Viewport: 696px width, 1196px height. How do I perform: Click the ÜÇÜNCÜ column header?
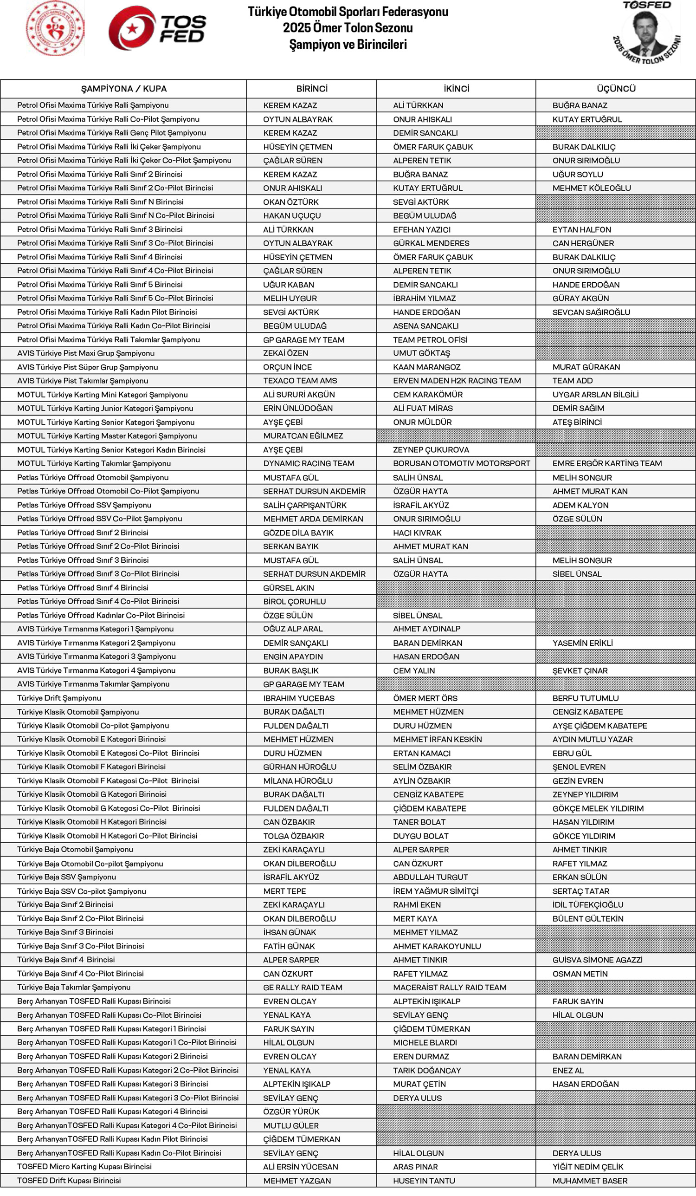(x=616, y=89)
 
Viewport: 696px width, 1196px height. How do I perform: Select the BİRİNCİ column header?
(x=312, y=89)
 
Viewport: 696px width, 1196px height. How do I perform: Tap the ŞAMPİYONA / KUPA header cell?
(x=124, y=89)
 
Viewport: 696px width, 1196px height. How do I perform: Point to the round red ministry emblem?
(x=56, y=28)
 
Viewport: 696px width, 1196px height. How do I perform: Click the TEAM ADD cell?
(x=572, y=381)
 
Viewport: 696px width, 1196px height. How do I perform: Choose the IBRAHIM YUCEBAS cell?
(x=299, y=699)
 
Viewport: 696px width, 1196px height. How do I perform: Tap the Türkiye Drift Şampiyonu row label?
(x=59, y=698)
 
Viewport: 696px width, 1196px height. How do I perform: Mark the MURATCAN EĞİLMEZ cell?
(x=303, y=436)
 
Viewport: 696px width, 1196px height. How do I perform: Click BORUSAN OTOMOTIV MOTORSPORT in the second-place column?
(x=462, y=464)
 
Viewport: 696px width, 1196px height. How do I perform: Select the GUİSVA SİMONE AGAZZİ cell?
(x=597, y=960)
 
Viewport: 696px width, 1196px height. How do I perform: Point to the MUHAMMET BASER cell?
(x=590, y=1181)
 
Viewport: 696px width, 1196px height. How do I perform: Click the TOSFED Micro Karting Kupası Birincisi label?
(x=84, y=1167)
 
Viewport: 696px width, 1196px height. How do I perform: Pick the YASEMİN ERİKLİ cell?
(x=583, y=643)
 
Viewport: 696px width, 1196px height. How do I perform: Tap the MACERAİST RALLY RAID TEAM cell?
(x=450, y=988)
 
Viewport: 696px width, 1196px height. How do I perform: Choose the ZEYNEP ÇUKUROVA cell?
(x=431, y=450)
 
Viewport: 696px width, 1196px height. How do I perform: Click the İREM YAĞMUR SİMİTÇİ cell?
(x=436, y=891)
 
